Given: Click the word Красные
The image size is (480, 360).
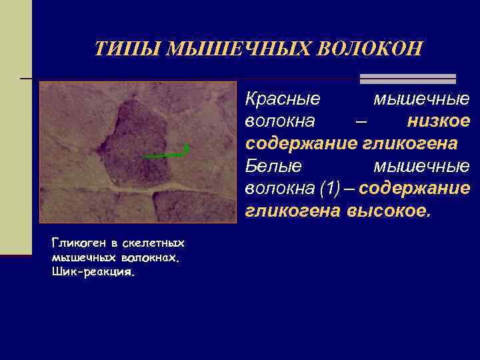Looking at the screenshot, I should point(283,99).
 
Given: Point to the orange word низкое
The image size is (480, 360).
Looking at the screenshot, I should point(438,121).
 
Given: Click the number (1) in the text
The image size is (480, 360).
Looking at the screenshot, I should point(337,189).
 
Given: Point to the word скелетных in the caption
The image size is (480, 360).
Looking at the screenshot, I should point(155,243).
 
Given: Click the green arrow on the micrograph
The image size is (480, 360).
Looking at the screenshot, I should point(167,154).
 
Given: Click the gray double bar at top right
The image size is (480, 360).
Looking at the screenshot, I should point(407,79).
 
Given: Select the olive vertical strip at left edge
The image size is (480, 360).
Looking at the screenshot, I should point(15,127).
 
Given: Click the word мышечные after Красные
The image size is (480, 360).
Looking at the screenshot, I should point(421,99).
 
